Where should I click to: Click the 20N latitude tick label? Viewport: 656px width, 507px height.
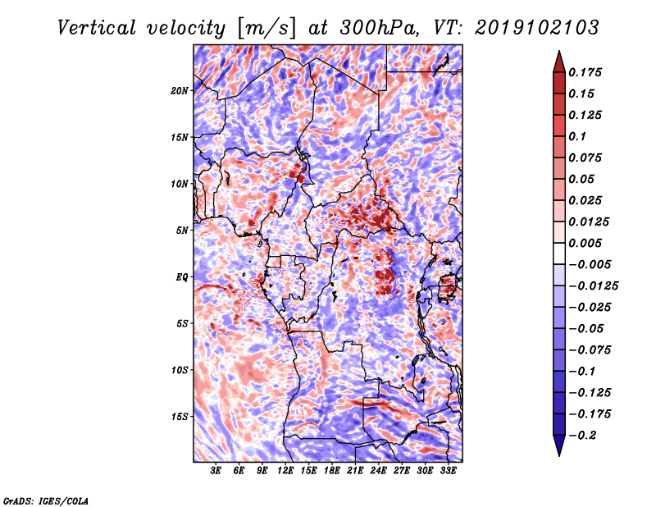pos(180,90)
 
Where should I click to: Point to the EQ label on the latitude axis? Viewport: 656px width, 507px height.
pos(182,277)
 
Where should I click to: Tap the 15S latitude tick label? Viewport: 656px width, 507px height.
pos(180,417)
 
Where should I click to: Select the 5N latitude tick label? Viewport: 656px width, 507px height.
pos(182,231)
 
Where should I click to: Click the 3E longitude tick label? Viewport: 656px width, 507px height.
pos(216,471)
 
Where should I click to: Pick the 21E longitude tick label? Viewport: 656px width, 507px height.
pos(355,471)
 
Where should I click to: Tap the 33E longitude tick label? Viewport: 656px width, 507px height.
pos(448,471)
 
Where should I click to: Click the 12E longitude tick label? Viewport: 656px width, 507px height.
pos(285,471)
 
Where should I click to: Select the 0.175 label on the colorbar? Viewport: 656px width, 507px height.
pos(585,72)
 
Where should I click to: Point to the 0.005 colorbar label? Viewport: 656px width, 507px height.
pos(585,243)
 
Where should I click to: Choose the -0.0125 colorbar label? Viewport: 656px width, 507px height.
pos(594,286)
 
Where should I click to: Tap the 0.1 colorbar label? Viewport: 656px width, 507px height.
pos(578,136)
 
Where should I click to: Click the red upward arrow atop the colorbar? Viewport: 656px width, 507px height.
pos(559,62)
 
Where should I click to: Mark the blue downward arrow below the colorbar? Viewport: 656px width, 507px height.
pos(559,445)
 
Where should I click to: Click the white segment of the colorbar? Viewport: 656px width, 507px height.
pos(559,253)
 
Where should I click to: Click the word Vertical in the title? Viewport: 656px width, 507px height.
pos(97,28)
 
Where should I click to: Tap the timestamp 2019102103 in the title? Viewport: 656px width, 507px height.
pos(537,28)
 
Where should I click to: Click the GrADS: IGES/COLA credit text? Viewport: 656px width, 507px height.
pos(46,500)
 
